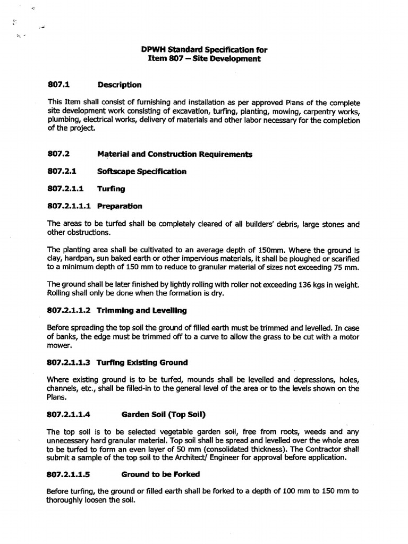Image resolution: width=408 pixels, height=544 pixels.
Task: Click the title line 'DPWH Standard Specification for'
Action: [x=204, y=50]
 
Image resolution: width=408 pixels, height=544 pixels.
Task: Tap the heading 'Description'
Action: [x=119, y=84]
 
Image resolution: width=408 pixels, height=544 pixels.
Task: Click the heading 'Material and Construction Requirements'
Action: [x=175, y=154]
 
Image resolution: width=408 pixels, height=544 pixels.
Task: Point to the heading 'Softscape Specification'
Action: [x=142, y=171]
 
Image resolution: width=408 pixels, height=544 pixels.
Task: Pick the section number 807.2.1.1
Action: [x=65, y=188]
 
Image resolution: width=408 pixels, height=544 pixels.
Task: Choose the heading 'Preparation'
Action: [x=120, y=206]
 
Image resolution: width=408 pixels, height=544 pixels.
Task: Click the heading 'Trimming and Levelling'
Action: [x=141, y=310]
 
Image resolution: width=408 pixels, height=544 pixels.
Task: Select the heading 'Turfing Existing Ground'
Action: [x=142, y=362]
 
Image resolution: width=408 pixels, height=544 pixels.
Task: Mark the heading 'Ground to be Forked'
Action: [x=160, y=474]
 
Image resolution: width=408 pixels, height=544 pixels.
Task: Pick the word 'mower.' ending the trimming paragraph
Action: [x=59, y=345]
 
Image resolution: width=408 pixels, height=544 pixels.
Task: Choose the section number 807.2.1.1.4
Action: [x=69, y=414]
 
